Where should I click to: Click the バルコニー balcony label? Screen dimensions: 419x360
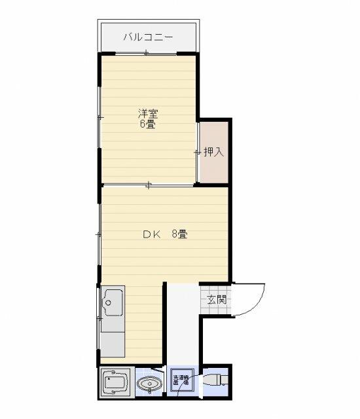point(148,38)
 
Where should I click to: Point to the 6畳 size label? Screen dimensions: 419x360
point(147,124)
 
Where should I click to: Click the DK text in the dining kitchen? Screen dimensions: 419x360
point(151,234)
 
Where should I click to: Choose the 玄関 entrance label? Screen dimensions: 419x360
point(217,301)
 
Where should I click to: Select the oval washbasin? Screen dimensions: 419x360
point(151,383)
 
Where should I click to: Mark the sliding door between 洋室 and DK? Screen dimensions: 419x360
point(149,186)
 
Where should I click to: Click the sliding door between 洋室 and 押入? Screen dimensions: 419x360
point(198,153)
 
